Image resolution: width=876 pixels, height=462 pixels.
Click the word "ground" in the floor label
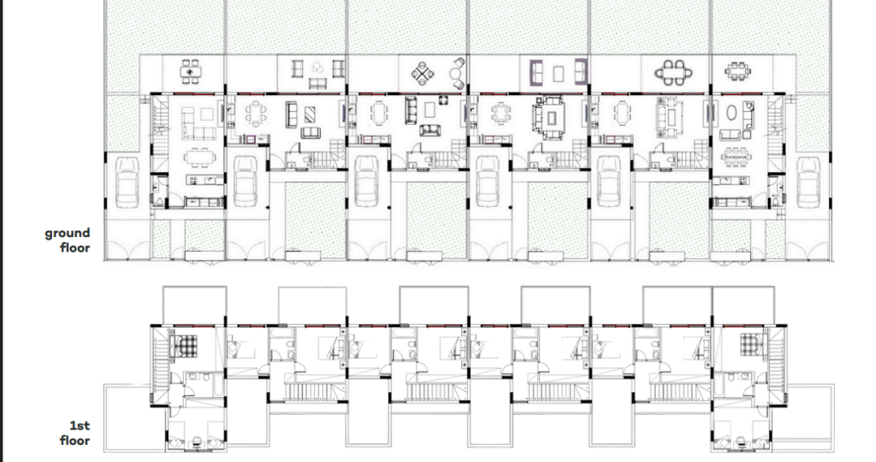[67, 233]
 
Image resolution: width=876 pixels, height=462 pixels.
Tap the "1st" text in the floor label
[80, 426]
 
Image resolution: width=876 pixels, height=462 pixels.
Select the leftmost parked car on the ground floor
[127, 182]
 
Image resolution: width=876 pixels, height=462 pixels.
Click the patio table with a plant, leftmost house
[191, 72]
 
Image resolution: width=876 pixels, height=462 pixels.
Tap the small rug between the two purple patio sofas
[558, 74]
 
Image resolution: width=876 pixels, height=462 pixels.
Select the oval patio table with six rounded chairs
[673, 73]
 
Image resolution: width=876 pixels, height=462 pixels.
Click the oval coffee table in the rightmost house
[731, 112]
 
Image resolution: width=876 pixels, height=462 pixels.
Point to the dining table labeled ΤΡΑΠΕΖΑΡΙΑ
[737, 158]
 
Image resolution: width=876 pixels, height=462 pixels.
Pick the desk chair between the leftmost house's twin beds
[196, 444]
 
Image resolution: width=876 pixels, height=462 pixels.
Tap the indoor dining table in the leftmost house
[199, 157]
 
